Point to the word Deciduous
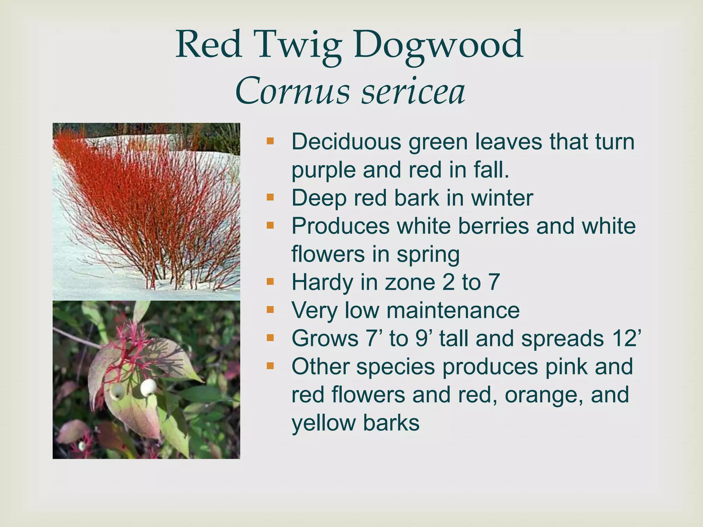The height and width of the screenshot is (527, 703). [x=346, y=141]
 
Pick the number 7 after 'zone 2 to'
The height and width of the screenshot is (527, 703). [x=494, y=282]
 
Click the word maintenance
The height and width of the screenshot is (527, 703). [x=453, y=310]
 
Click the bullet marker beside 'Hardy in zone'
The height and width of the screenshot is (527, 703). [x=270, y=282]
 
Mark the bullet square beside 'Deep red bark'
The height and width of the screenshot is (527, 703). [x=270, y=198]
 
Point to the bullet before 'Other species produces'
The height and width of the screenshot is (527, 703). [x=270, y=366]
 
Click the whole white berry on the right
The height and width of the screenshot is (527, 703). [x=148, y=387]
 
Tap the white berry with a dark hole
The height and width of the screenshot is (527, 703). [x=116, y=392]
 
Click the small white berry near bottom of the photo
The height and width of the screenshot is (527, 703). [x=82, y=446]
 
